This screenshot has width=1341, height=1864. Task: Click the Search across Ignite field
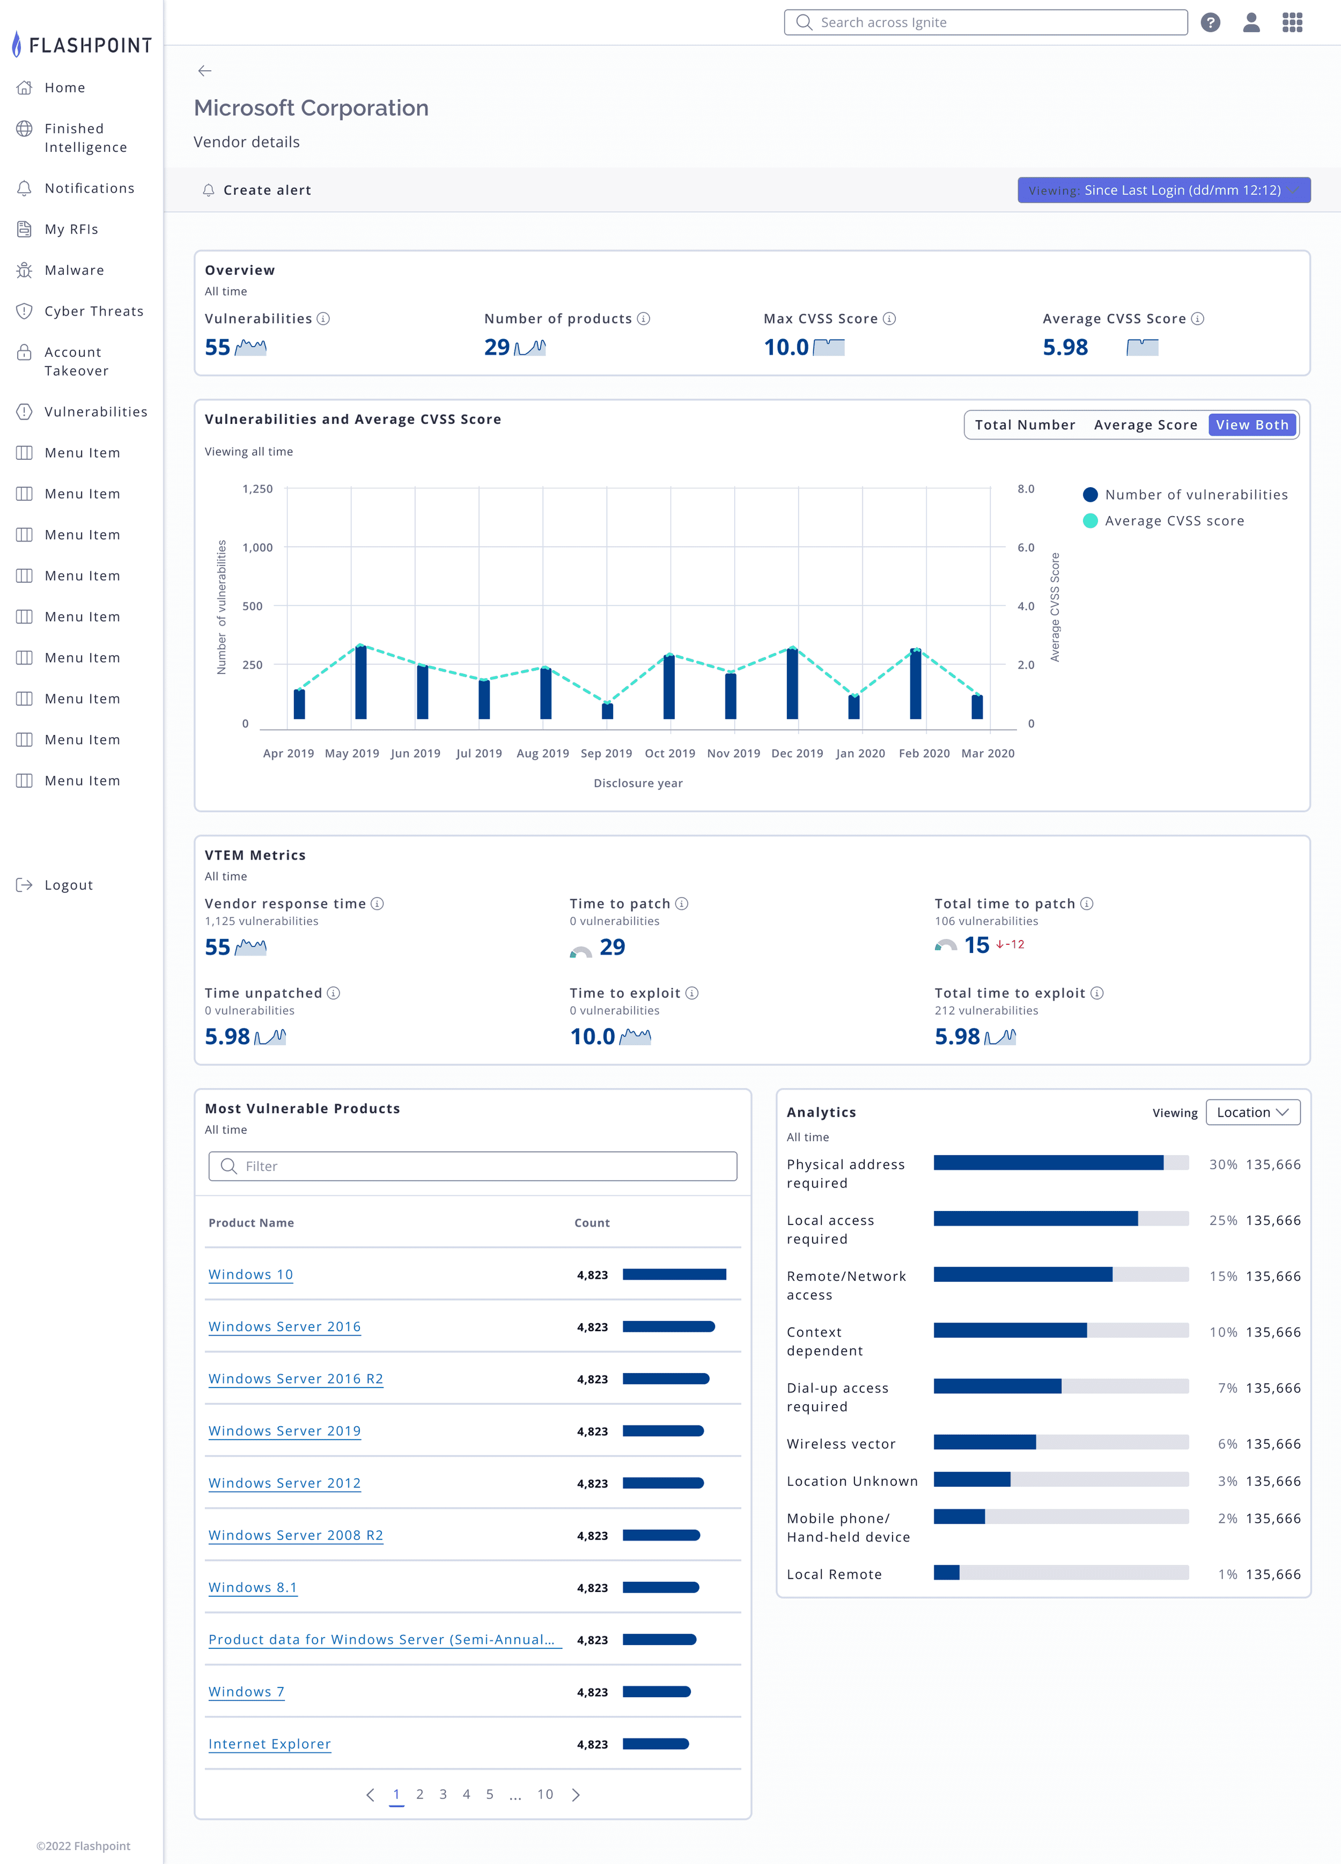(x=985, y=22)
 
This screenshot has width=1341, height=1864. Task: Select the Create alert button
(x=256, y=190)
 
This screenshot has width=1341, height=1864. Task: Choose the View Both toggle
(x=1252, y=425)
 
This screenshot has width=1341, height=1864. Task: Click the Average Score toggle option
(x=1145, y=425)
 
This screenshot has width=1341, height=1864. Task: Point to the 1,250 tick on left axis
(x=257, y=489)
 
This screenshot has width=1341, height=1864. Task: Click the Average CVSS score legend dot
(x=1091, y=520)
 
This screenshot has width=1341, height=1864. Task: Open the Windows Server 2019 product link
(x=284, y=1431)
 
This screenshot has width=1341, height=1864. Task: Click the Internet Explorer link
(x=269, y=1744)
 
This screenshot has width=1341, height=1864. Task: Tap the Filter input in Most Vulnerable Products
(x=473, y=1166)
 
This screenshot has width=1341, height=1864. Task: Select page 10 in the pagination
(x=546, y=1794)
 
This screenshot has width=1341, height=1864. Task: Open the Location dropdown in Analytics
(x=1252, y=1112)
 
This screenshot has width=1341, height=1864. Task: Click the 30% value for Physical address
(x=1222, y=1164)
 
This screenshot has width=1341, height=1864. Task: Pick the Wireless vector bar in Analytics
(x=1061, y=1442)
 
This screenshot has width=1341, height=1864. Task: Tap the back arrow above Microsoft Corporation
(x=204, y=71)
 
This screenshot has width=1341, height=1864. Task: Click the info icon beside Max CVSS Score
(x=889, y=319)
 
